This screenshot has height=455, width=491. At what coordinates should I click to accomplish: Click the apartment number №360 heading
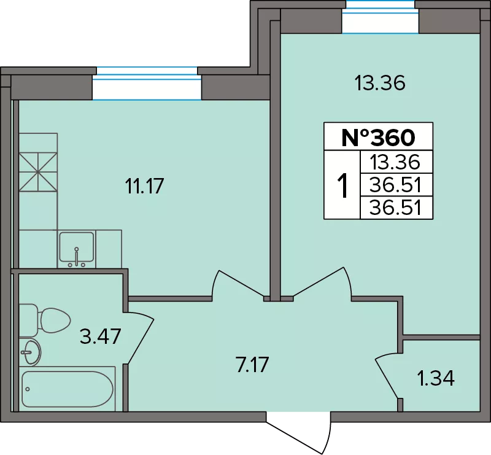click(x=378, y=138)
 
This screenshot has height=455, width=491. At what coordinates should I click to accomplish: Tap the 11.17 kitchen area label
click(x=144, y=186)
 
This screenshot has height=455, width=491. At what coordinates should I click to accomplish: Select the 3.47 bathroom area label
click(x=100, y=336)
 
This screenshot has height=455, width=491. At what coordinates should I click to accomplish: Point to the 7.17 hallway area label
click(x=252, y=365)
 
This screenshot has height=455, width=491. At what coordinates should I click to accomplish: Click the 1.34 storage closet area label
click(x=436, y=378)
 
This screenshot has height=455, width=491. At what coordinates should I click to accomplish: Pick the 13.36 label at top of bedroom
click(x=380, y=83)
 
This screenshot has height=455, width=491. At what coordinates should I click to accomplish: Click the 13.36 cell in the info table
click(x=395, y=162)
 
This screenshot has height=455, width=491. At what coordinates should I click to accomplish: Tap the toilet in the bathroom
click(x=44, y=321)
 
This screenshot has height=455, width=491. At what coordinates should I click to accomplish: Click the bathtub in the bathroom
click(x=67, y=389)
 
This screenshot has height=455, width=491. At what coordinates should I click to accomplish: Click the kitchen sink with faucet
click(x=77, y=250)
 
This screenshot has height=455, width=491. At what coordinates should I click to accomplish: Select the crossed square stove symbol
click(x=38, y=172)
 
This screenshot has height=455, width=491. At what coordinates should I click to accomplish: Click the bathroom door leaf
click(x=141, y=338)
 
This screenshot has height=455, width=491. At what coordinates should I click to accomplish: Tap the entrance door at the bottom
click(x=299, y=433)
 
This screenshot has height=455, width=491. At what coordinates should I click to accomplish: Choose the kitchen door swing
click(x=238, y=284)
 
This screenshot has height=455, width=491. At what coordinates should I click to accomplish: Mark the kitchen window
click(x=147, y=84)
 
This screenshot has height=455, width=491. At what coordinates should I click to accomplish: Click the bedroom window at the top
click(x=380, y=17)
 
